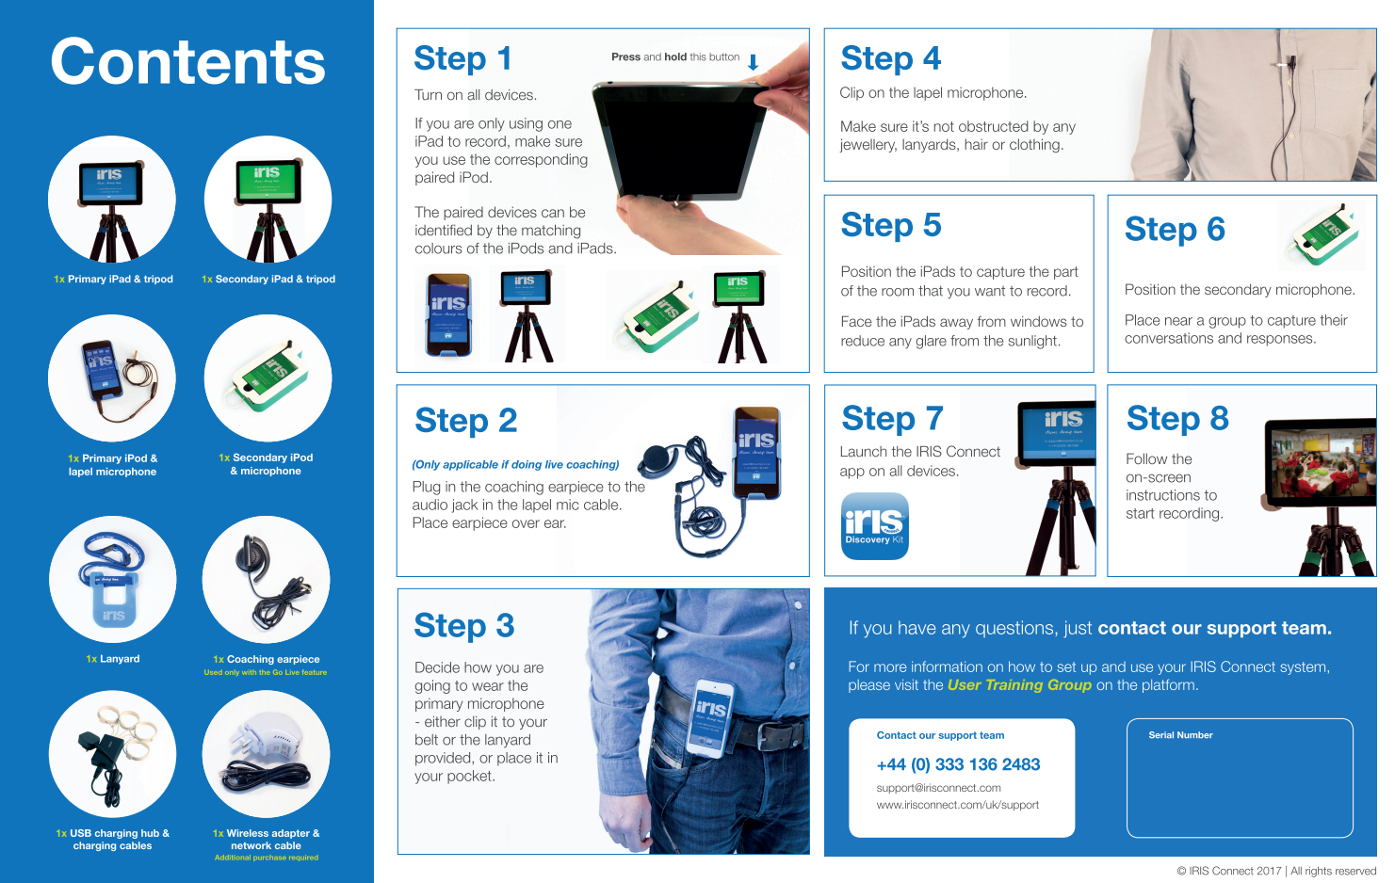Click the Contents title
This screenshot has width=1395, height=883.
[187, 62]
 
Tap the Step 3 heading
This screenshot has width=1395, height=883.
[464, 625]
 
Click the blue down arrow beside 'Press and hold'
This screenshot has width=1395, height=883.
[753, 61]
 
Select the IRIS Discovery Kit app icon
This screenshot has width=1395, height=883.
[874, 526]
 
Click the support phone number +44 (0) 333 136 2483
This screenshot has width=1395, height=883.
[958, 764]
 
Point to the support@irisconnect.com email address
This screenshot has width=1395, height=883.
[938, 788]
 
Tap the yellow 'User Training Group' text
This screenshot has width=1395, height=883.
[1019, 685]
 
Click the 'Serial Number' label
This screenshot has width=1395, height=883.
[1180, 735]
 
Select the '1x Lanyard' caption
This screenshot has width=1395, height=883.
[113, 658]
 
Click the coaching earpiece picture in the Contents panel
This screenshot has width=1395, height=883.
[266, 579]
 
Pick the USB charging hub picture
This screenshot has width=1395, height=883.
[113, 754]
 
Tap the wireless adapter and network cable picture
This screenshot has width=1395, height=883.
[266, 754]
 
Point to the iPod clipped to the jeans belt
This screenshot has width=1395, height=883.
[710, 717]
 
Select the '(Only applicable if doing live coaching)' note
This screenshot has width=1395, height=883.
[515, 465]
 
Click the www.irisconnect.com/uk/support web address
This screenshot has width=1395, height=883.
[958, 805]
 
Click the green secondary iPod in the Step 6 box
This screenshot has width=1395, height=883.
[1324, 234]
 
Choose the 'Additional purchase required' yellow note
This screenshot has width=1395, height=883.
[267, 858]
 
